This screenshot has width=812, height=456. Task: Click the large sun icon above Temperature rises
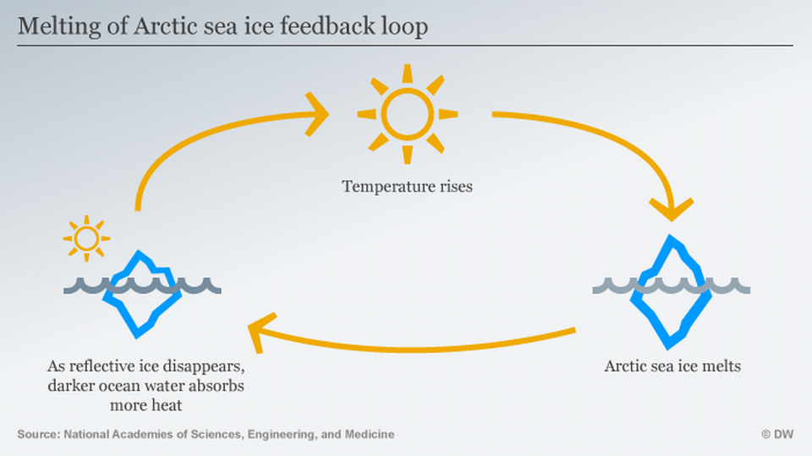407,113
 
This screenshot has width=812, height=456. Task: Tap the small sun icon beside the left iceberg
85,238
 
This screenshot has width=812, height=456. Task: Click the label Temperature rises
407,186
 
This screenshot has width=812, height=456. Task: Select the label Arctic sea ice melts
672,366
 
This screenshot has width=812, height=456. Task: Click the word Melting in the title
52,27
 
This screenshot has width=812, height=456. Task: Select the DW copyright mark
777,434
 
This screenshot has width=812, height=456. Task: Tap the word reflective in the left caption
108,368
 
